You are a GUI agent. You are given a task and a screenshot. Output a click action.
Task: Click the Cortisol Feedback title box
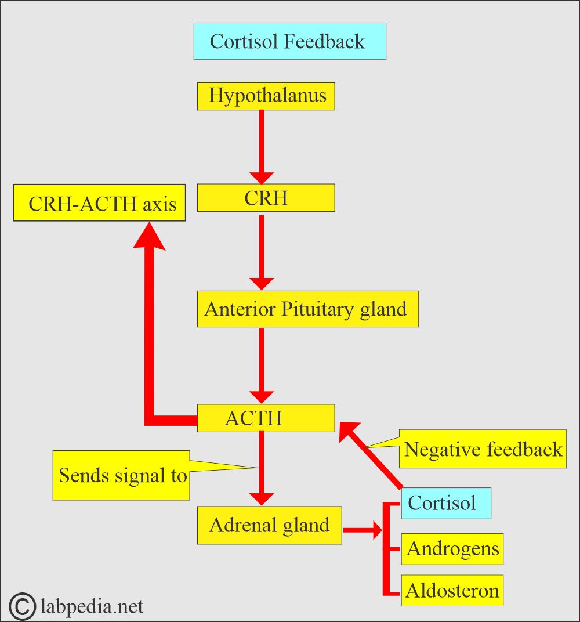click(x=289, y=41)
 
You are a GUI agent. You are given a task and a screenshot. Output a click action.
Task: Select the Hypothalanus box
click(x=266, y=96)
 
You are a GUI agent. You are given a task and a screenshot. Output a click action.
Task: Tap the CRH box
click(x=266, y=198)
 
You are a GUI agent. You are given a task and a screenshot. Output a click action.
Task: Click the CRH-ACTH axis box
click(x=100, y=204)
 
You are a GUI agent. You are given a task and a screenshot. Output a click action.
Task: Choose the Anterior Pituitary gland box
click(x=307, y=309)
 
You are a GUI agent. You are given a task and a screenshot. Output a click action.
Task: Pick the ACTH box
click(x=266, y=418)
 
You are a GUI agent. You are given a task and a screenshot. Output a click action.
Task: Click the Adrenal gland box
click(x=269, y=525)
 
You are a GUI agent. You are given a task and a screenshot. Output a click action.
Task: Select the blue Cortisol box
click(x=445, y=502)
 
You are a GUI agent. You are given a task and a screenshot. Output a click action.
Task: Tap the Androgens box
click(x=452, y=549)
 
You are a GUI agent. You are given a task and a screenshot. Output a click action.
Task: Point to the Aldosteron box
click(x=452, y=591)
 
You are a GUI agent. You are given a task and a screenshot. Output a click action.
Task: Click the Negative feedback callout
click(x=483, y=449)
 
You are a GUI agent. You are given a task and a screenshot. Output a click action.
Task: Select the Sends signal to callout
click(x=121, y=475)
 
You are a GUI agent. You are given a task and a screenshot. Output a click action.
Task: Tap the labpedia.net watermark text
click(x=93, y=606)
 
